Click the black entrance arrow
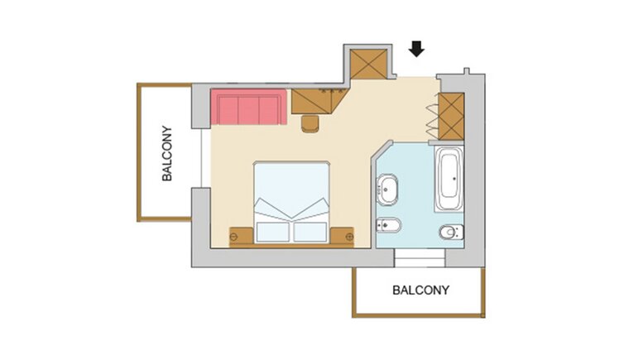tap(416, 49)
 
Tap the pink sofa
tap(249, 107)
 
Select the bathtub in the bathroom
tap(449, 179)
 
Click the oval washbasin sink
tap(387, 190)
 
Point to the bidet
tap(388, 226)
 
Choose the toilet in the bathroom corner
tap(452, 232)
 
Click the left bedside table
tap(241, 237)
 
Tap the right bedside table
tap(342, 237)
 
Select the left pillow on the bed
tap(272, 232)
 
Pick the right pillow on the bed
tap(310, 232)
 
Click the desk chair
tap(310, 123)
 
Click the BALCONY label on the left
tap(167, 154)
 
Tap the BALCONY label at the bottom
tap(420, 290)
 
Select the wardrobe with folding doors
tap(451, 116)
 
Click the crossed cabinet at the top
tap(368, 64)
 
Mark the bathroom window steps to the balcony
tap(420, 257)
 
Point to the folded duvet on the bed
tap(291, 209)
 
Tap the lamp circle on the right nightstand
tap(349, 237)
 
